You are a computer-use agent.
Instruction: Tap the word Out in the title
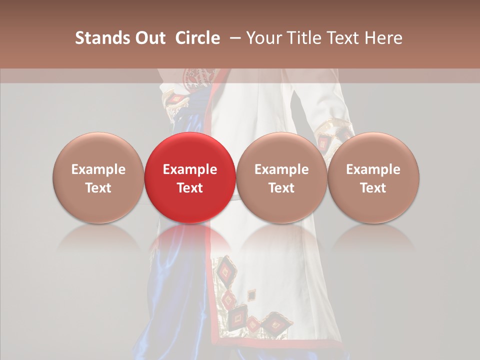(x=148, y=38)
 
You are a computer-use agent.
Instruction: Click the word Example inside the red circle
(x=189, y=169)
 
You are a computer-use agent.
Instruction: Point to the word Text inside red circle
(x=189, y=188)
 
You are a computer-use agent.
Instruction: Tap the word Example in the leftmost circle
(x=98, y=169)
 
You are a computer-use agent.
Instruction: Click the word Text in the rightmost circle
(x=373, y=188)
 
